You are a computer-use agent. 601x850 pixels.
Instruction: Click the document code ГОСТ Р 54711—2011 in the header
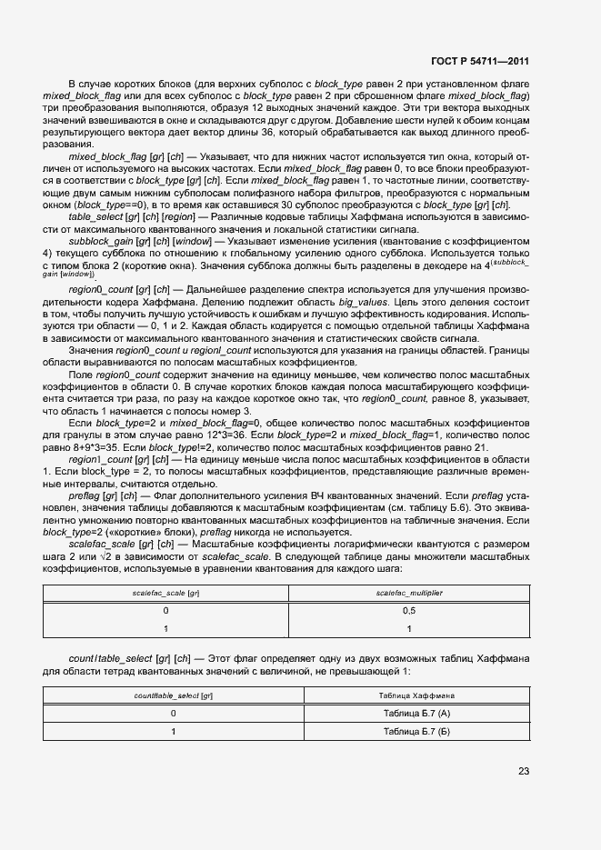[x=482, y=61]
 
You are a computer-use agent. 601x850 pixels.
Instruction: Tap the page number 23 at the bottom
[x=524, y=771]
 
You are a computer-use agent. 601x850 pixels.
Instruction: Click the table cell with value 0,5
[x=409, y=611]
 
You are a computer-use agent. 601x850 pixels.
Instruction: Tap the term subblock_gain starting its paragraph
[x=97, y=243]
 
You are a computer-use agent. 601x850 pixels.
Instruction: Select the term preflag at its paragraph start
[x=84, y=495]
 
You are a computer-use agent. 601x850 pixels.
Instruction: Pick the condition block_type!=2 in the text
[x=178, y=448]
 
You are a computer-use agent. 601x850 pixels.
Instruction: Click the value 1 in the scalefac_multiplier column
[x=409, y=629]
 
